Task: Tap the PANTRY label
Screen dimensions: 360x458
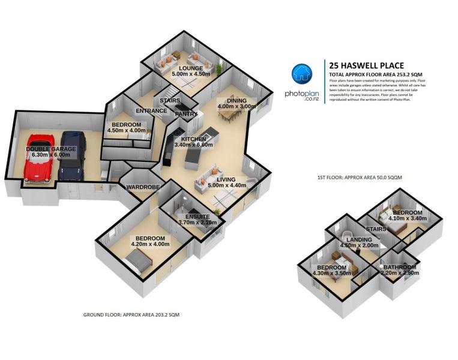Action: point(186,113)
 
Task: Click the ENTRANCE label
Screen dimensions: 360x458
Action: point(151,111)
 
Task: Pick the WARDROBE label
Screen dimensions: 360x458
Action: point(143,187)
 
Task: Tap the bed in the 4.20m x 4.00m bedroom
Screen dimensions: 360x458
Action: point(139,261)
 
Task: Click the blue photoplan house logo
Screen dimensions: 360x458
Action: point(301,74)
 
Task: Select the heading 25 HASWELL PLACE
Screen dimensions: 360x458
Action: point(366,65)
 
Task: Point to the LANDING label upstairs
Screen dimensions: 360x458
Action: point(360,239)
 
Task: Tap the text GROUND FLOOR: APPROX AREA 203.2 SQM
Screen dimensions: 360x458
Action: point(131,314)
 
